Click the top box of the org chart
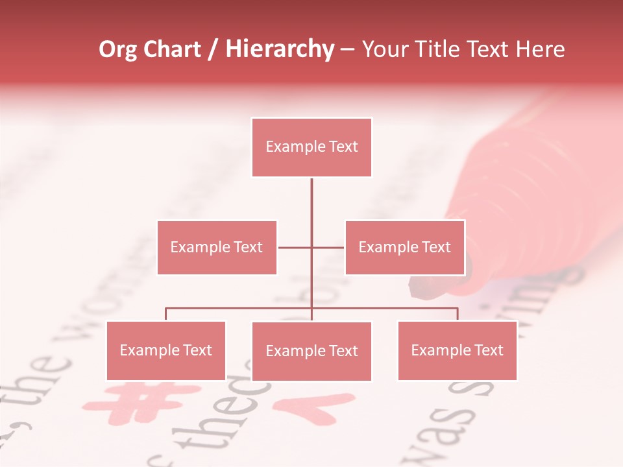click(x=311, y=147)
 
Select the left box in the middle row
click(x=217, y=247)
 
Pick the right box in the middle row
click(x=404, y=247)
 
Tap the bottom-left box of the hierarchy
click(x=166, y=350)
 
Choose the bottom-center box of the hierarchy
click(x=311, y=351)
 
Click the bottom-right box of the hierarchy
click(x=457, y=350)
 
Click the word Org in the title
click(x=118, y=50)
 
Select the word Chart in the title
click(x=172, y=50)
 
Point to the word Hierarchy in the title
click(x=280, y=50)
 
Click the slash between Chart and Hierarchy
click(x=213, y=50)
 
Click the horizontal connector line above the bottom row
click(x=240, y=308)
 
